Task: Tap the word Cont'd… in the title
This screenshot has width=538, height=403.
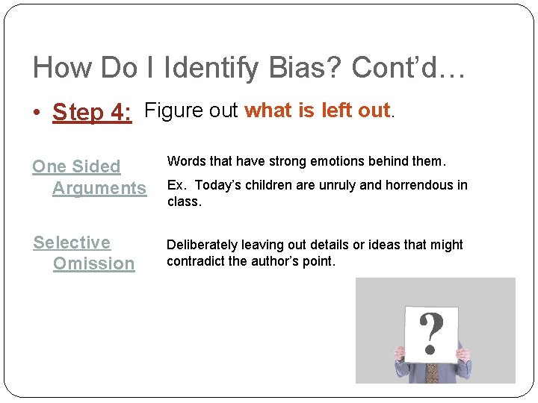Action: click(409, 68)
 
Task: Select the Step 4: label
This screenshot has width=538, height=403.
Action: click(92, 113)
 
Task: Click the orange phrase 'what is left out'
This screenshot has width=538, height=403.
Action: click(318, 110)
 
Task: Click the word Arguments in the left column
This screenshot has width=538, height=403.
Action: click(99, 188)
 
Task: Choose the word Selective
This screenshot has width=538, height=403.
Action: click(72, 243)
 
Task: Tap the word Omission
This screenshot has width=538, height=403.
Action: click(93, 263)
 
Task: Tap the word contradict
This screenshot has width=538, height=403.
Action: click(195, 261)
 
